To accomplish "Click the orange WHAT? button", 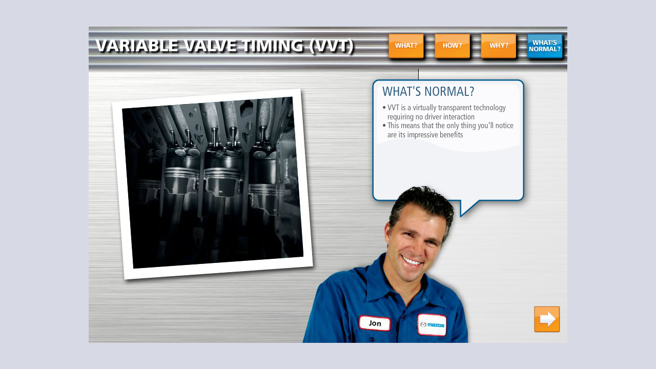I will (406, 46).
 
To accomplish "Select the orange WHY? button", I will (498, 46).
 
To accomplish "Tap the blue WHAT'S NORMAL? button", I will (545, 46).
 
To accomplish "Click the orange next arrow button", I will (547, 319).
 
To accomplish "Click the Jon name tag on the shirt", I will (375, 323).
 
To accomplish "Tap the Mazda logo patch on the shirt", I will (432, 324).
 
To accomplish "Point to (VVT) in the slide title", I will (332, 46).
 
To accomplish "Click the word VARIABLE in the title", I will (137, 46).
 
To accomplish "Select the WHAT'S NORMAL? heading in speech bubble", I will (428, 92).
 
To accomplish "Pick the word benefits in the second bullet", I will (450, 135).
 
